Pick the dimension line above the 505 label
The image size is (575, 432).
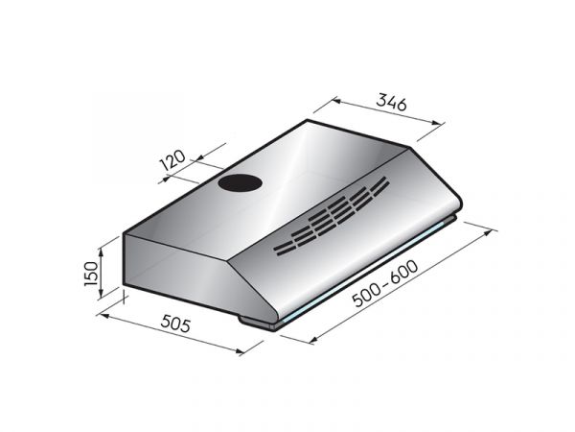[172, 332]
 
